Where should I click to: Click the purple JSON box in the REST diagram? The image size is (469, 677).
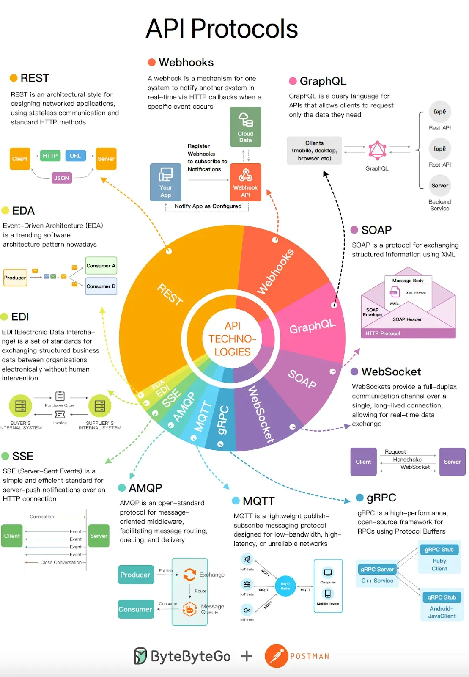click(x=61, y=178)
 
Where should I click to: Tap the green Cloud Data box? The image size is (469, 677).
click(x=245, y=127)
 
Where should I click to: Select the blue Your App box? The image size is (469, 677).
click(x=166, y=182)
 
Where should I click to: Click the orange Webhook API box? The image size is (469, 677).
click(x=245, y=182)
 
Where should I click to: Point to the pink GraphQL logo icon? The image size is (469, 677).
click(x=377, y=150)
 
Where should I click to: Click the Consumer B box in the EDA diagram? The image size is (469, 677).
click(x=101, y=286)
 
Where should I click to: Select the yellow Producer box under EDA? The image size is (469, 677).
click(x=15, y=278)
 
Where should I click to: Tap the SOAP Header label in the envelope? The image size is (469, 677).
click(x=407, y=319)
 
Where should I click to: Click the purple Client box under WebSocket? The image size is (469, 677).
click(x=363, y=462)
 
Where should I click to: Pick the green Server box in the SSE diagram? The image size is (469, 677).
click(x=99, y=536)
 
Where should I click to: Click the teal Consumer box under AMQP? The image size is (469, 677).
click(x=135, y=609)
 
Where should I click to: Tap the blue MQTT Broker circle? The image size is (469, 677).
click(x=285, y=586)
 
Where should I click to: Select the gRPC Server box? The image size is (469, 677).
click(x=377, y=569)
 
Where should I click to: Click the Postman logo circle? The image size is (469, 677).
click(x=276, y=656)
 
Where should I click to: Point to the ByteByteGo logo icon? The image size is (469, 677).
click(x=140, y=656)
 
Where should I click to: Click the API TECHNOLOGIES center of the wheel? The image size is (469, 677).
click(x=232, y=338)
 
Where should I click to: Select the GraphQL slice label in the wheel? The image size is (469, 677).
click(x=313, y=326)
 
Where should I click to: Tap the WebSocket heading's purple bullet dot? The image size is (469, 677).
click(x=354, y=372)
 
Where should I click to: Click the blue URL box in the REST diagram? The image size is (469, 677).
click(x=75, y=156)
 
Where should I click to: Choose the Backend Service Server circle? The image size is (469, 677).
click(x=440, y=186)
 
